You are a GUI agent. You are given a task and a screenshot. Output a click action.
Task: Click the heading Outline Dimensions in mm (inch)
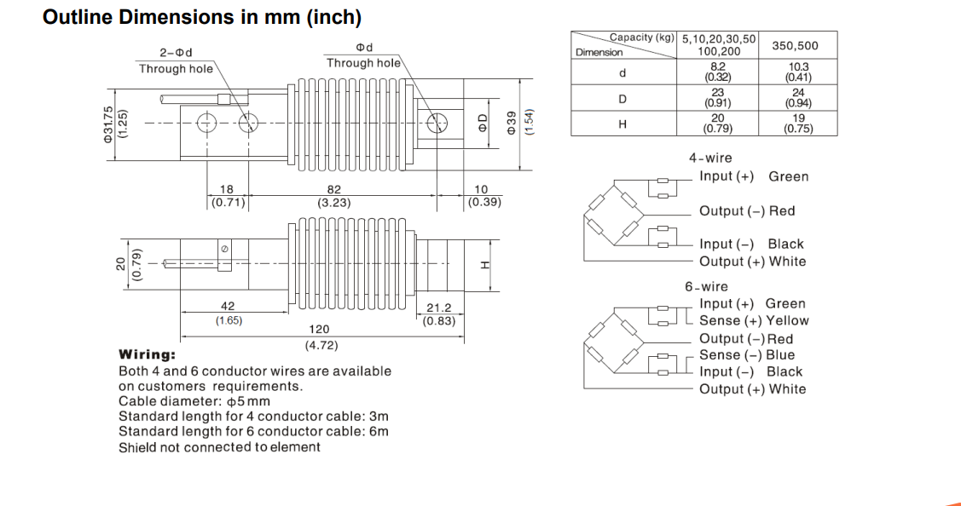coord(201,17)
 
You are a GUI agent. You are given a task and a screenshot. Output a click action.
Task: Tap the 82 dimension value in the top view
coord(333,190)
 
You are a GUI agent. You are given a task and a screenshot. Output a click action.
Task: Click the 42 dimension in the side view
coord(228,307)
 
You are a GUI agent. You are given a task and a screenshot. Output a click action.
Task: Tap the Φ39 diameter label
coord(512,124)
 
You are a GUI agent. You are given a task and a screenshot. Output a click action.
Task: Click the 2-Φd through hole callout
coord(176,53)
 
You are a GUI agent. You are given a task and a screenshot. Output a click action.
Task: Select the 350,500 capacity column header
coord(794,45)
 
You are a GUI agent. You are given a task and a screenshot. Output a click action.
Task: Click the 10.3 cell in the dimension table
coord(798,66)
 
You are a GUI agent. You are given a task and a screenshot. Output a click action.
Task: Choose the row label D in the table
coord(622,99)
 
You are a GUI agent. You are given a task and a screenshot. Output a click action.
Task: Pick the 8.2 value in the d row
coord(717,66)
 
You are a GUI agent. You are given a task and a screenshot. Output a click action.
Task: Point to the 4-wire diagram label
coord(710,158)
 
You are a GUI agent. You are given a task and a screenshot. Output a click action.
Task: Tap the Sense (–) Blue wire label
coord(746,355)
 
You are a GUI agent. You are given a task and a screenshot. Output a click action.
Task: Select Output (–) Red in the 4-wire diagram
coord(746,211)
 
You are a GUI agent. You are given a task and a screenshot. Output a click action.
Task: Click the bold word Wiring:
coord(148,354)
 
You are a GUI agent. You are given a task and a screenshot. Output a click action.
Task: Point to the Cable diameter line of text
coord(194,401)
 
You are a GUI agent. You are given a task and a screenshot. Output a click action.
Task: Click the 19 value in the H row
coord(798,119)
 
